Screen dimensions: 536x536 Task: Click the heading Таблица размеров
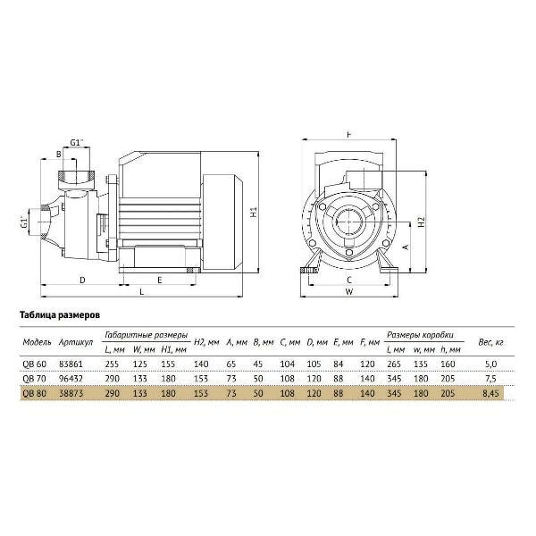pyautogui.click(x=60, y=315)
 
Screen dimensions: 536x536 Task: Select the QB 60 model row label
pyautogui.click(x=34, y=364)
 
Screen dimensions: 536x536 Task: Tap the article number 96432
pyautogui.click(x=71, y=379)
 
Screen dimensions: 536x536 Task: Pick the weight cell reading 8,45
pyautogui.click(x=490, y=393)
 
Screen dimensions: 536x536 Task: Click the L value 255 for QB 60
pyautogui.click(x=113, y=364)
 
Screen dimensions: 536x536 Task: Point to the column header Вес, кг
pyautogui.click(x=490, y=342)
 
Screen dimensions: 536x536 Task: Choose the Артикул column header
pyautogui.click(x=76, y=342)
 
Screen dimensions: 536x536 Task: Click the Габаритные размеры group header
pyautogui.click(x=146, y=335)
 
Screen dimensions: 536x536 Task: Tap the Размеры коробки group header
pyautogui.click(x=421, y=334)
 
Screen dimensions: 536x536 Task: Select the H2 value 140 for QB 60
pyautogui.click(x=201, y=364)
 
